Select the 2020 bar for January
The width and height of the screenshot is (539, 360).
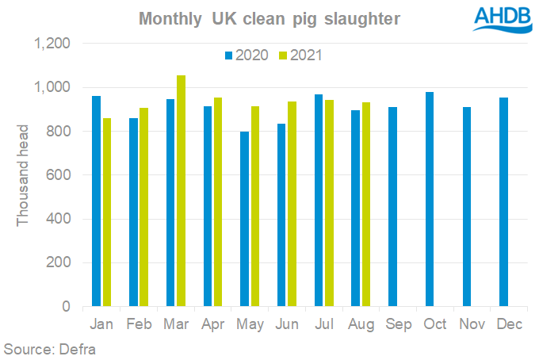96,201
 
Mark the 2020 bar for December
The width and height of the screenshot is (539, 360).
505,202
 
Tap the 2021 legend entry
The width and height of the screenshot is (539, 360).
300,55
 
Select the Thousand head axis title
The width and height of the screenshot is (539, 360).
23,174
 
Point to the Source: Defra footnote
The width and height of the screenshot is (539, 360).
49,348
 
